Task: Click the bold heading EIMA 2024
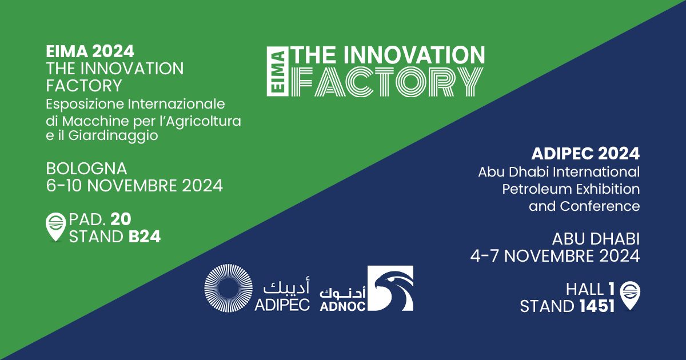[x=90, y=51]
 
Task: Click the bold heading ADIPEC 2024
[x=585, y=154]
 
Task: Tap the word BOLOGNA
[x=86, y=169]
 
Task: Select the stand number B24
[x=145, y=237]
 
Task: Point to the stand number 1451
[x=596, y=307]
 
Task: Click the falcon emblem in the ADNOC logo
[x=393, y=289]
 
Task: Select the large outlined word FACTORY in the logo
[x=387, y=82]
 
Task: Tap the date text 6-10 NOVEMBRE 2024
[x=134, y=186]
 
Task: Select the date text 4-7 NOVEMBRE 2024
[x=555, y=257]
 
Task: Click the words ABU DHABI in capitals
[x=596, y=238]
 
